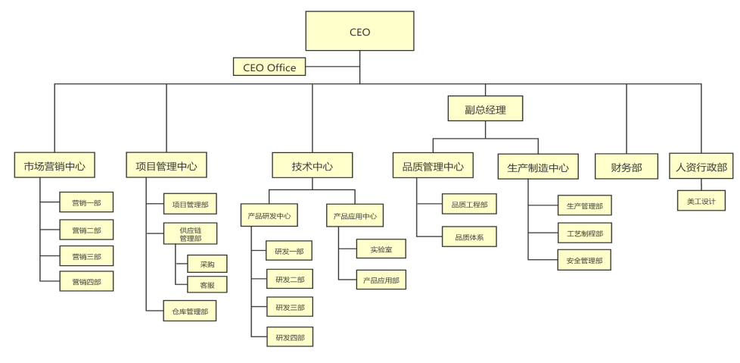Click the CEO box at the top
pos(359,31)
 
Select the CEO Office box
pos(269,67)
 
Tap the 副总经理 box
pos(485,109)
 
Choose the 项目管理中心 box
pos(166,165)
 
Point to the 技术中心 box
pos(312,165)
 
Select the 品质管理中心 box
pos(433,165)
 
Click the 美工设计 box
pos(701,201)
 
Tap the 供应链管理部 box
pos(190,233)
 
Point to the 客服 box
pos(207,285)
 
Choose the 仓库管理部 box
pos(189,311)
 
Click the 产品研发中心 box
pos(269,216)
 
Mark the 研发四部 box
pos(289,337)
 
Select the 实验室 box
pos(381,249)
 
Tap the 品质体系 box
pos(469,237)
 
